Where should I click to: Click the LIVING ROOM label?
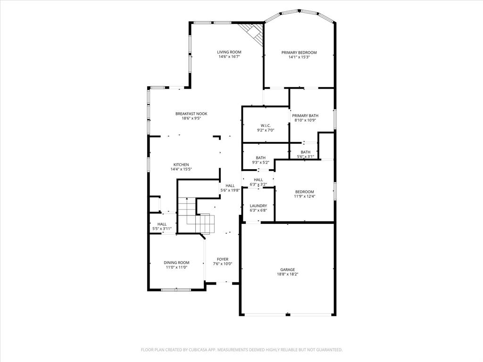click(229, 52)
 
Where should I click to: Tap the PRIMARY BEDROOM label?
click(299, 52)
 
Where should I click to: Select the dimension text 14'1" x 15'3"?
click(299, 58)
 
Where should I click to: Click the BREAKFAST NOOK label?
click(191, 114)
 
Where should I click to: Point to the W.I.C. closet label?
click(266, 125)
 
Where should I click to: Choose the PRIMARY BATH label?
click(305, 115)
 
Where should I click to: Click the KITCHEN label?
click(181, 165)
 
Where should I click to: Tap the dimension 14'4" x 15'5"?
click(181, 169)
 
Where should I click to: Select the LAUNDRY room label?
click(258, 206)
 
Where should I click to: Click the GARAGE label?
click(287, 270)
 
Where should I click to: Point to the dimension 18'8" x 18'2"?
click(287, 274)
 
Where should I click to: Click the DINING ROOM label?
click(176, 263)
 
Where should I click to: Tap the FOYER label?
click(223, 259)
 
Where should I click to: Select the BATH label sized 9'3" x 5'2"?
click(261, 158)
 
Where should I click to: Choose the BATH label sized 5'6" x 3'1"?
click(306, 152)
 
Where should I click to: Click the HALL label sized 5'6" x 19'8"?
click(230, 186)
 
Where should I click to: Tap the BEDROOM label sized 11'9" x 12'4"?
click(305, 191)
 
